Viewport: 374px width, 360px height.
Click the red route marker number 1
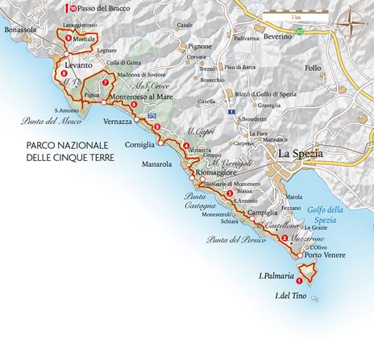[300, 281]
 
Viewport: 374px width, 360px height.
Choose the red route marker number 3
[231, 192]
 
